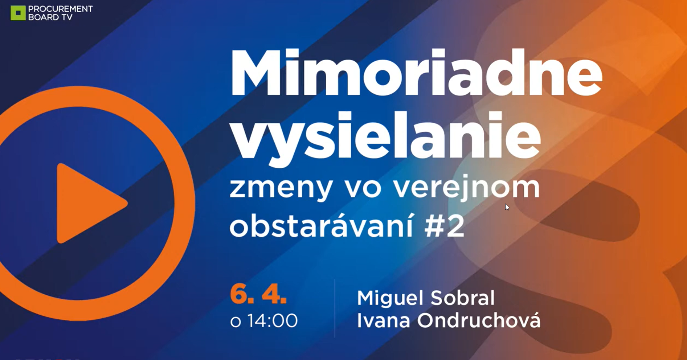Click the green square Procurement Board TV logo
point(18,13)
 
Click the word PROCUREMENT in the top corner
point(61,9)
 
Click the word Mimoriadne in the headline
point(416,72)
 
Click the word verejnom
point(466,188)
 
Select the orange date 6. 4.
point(258,294)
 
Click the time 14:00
point(273,321)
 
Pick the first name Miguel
point(390,298)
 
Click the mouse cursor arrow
point(507,207)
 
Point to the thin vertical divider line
point(335,308)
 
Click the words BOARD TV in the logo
point(50,17)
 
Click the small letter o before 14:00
point(236,322)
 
